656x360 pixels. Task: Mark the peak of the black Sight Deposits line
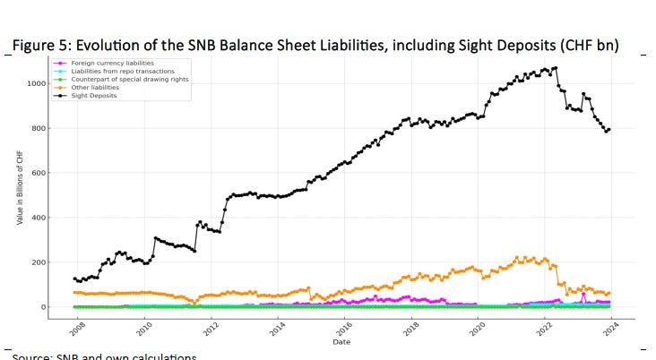click(557, 68)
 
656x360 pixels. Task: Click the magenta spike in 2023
click(583, 294)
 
